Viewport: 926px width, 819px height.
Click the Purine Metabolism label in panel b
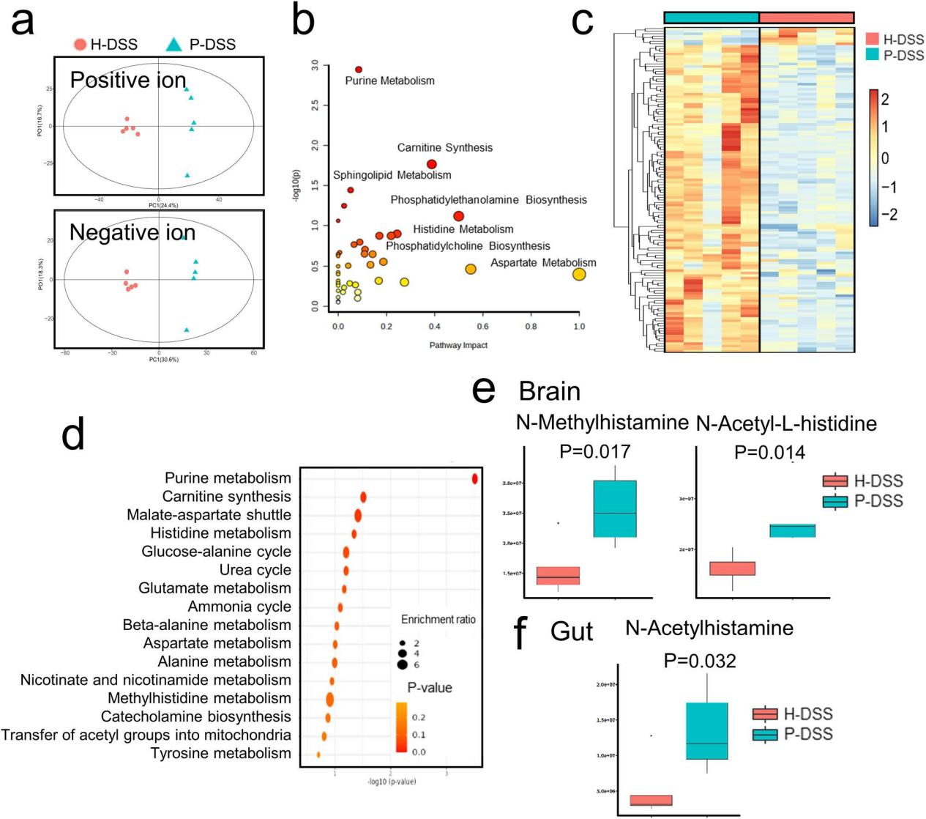click(x=389, y=81)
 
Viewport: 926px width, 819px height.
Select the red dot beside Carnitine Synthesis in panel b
click(x=432, y=164)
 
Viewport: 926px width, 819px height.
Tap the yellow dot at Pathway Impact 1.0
click(x=579, y=275)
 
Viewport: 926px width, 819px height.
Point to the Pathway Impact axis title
click(x=458, y=345)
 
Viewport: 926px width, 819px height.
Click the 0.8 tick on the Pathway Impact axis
click(x=531, y=327)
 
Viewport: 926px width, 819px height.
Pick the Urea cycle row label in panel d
click(x=255, y=570)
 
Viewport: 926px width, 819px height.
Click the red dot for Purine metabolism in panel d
click(x=475, y=479)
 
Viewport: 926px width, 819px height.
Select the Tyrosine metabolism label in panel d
click(x=220, y=753)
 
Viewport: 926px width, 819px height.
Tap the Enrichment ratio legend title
click(x=438, y=620)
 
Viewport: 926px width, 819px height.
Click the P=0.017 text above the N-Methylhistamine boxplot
click(x=594, y=452)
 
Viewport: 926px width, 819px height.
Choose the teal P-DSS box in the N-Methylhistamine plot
click(x=615, y=509)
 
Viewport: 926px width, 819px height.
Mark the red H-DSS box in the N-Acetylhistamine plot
click(x=651, y=800)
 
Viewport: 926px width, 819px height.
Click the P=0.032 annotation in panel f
click(x=700, y=661)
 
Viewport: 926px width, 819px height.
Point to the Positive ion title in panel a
click(x=128, y=80)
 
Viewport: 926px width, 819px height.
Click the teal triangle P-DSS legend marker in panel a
click(x=173, y=45)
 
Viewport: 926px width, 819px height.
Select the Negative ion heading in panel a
click(x=132, y=232)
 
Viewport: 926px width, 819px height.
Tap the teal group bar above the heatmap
click(x=712, y=18)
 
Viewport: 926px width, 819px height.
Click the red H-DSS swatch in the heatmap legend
click(x=872, y=40)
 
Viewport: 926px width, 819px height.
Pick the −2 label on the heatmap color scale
click(x=889, y=215)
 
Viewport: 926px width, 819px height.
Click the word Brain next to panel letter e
click(x=549, y=392)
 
